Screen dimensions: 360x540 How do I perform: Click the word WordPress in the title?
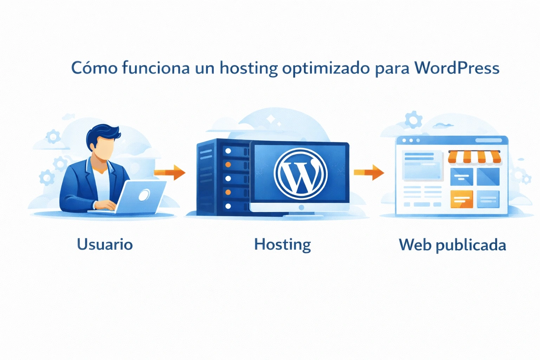[457, 68]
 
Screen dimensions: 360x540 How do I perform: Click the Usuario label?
[105, 244]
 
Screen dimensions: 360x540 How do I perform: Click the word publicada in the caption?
[471, 245]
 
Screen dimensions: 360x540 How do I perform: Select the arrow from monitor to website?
[369, 172]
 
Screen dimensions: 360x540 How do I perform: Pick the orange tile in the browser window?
[462, 199]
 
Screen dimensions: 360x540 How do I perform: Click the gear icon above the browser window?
[413, 120]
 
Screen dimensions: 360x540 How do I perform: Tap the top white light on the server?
[228, 151]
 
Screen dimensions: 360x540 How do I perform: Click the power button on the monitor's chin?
[301, 208]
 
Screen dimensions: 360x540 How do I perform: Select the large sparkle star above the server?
[271, 120]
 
